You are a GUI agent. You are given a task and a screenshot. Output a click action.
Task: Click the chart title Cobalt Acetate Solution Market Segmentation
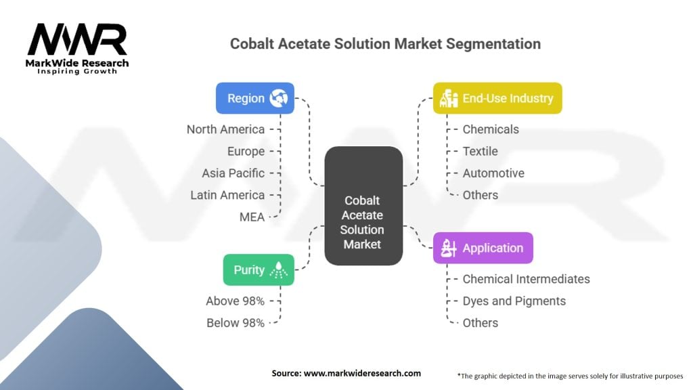(385, 44)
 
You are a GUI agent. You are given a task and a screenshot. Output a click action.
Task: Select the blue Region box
(254, 98)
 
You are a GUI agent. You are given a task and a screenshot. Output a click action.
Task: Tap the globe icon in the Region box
(278, 98)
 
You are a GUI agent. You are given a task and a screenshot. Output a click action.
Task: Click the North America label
(225, 129)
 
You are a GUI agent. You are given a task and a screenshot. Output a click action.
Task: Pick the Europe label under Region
(246, 151)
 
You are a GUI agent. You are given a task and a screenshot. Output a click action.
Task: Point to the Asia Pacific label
(233, 173)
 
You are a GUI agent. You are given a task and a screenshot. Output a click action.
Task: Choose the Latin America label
(227, 195)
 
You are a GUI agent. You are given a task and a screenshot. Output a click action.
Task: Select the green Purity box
(259, 269)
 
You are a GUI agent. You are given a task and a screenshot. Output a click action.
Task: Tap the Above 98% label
(235, 301)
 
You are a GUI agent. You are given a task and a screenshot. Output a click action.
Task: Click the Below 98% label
(235, 323)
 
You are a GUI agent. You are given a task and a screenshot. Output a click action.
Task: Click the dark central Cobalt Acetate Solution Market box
(363, 206)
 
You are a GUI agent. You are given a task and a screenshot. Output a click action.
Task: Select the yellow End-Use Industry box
(497, 98)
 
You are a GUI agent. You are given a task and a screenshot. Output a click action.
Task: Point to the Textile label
(480, 151)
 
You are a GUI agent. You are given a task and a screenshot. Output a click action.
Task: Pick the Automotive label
(493, 173)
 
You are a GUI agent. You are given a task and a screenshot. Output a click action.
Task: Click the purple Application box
(483, 248)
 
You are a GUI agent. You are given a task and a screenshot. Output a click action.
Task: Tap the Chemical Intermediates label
(526, 279)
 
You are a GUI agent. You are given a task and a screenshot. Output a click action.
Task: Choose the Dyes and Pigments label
(514, 301)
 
